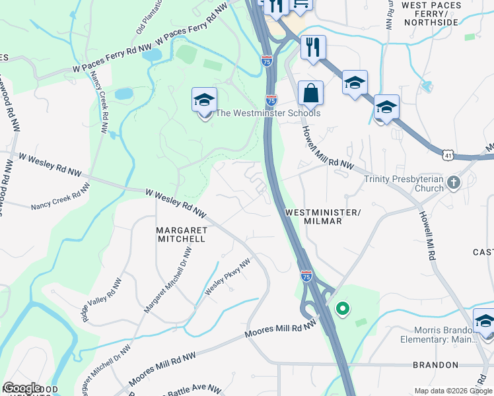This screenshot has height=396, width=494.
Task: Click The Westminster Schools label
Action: pos(268,113)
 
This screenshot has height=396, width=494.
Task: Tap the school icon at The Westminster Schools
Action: pos(205,101)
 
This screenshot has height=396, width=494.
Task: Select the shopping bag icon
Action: pos(310,93)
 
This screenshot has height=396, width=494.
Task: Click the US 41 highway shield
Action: pos(448,154)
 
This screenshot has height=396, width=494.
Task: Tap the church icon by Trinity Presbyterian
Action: pos(453,182)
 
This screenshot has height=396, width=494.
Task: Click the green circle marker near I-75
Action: pos(342,308)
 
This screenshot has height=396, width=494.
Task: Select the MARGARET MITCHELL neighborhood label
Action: pos(180,234)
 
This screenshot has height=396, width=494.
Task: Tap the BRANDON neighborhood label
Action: pos(435,364)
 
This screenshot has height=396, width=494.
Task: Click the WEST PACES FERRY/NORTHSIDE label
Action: pos(430,14)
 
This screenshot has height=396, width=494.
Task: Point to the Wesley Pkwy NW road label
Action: pos(228,277)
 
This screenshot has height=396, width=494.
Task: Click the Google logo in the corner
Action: pos(22,388)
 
